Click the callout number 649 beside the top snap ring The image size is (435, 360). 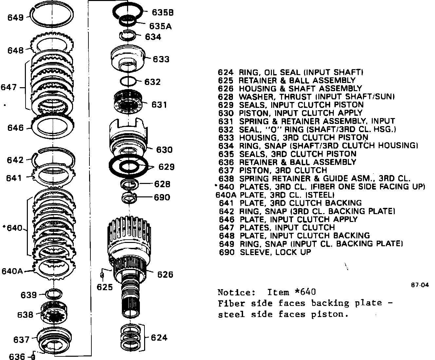(15, 17)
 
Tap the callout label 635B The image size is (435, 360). (163, 12)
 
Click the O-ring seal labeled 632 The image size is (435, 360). (128, 82)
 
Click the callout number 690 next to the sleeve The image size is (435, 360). (162, 197)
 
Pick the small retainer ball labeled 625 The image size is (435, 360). (102, 275)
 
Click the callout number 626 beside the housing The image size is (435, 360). (165, 274)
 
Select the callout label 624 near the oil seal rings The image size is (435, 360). (159, 337)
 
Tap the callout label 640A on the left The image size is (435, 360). (12, 271)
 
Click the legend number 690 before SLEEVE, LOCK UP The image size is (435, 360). (227, 252)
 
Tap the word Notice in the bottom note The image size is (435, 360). (236, 292)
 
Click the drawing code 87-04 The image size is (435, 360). (420, 285)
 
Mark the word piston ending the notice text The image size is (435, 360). (330, 314)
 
